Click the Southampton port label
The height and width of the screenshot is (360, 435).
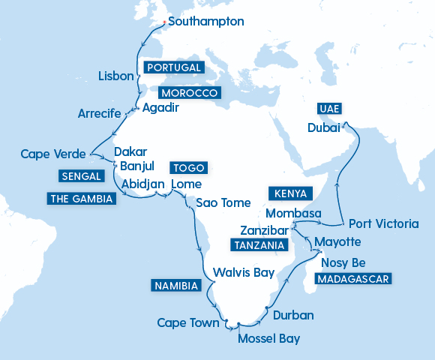click(206, 22)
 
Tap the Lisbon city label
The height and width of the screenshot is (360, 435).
click(116, 76)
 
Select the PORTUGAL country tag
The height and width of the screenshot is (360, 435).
click(174, 67)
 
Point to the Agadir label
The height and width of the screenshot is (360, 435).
click(160, 107)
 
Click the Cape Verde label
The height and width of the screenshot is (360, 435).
click(50, 154)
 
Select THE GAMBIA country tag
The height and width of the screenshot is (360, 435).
click(81, 199)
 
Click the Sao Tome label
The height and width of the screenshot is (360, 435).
click(223, 202)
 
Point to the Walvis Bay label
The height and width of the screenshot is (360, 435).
click(244, 272)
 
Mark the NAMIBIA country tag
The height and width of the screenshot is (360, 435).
click(175, 286)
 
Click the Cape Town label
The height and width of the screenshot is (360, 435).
click(187, 323)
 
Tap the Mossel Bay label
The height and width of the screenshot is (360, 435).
click(268, 339)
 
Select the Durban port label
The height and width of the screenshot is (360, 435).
click(293, 315)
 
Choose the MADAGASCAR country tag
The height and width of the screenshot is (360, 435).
click(354, 278)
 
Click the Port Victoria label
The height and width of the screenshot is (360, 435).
click(382, 223)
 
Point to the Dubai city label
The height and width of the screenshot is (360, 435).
click(324, 128)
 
